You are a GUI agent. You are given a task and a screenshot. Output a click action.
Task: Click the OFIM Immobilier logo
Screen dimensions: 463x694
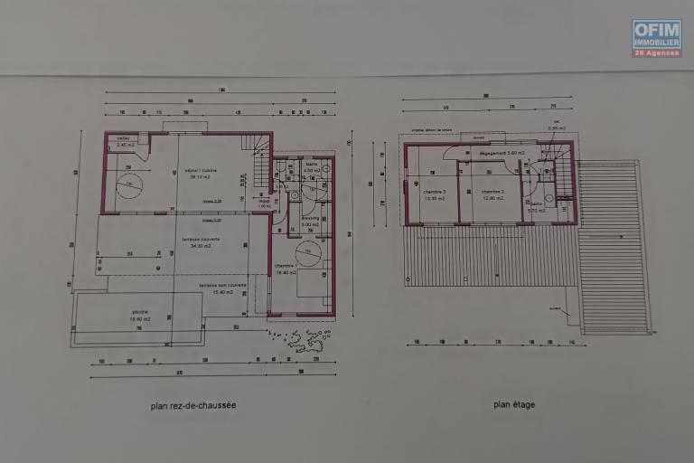(656, 38)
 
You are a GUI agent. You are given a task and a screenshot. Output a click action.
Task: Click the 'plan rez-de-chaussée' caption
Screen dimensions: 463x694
(193, 406)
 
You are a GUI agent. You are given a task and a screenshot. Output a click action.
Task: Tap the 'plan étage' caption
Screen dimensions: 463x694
(513, 404)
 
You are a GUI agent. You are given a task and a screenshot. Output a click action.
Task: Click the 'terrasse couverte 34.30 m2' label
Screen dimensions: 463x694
(201, 241)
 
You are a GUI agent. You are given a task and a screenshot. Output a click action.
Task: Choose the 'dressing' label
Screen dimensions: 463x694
(310, 220)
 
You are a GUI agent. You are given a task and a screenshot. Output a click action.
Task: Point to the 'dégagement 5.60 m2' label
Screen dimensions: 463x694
(502, 153)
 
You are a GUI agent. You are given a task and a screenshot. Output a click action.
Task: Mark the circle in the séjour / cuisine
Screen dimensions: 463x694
(129, 185)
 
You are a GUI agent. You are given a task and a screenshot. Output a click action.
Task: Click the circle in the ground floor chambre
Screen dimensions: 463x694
(307, 253)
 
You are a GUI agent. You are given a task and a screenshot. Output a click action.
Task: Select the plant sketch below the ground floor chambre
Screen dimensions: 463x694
(304, 339)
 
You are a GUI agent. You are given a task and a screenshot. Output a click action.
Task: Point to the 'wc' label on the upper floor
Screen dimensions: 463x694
(556, 124)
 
